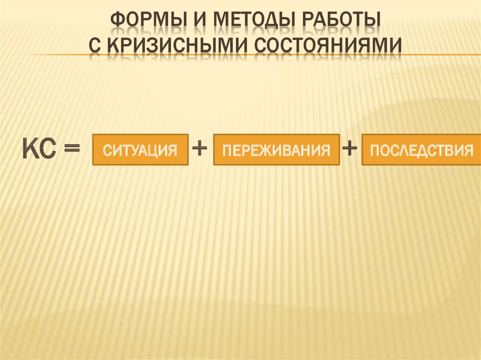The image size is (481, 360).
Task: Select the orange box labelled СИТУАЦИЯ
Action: tap(140, 150)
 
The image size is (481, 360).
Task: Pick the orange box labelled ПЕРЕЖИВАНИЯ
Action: tap(276, 150)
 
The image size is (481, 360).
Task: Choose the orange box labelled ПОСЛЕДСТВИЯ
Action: tap(421, 150)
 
